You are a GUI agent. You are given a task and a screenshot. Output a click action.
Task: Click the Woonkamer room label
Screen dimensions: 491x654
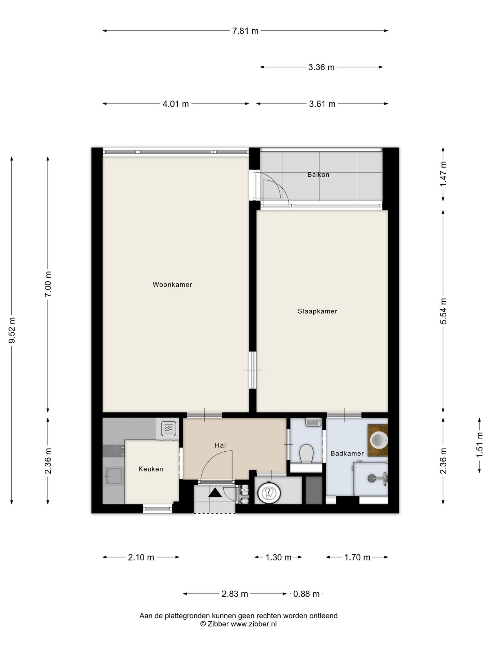(172, 284)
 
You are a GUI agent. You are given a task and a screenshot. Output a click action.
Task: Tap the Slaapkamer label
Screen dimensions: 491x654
(317, 311)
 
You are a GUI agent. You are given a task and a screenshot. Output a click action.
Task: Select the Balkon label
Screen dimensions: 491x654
(318, 174)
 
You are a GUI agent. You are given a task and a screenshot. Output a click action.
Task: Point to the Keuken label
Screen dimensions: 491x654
(151, 469)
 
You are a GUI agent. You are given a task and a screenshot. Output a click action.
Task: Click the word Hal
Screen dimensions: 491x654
(220, 445)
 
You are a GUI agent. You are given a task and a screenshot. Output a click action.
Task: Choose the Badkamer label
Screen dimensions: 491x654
(347, 453)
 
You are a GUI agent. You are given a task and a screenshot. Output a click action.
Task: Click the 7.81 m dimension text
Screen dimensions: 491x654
(245, 31)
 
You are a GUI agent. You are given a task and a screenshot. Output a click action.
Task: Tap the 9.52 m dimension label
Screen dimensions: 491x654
(12, 330)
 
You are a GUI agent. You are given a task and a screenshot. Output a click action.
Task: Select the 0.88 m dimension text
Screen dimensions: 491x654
(306, 594)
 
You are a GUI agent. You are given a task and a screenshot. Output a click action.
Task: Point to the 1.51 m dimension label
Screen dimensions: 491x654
(480, 445)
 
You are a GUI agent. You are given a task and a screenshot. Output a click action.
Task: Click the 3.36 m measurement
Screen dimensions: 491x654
(321, 67)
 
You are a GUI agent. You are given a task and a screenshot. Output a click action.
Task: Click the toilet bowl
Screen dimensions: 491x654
(306, 454)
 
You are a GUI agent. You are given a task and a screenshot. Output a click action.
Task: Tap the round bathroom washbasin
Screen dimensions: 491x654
(379, 440)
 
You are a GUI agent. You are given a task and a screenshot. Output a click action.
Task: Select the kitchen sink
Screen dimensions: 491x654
(114, 476)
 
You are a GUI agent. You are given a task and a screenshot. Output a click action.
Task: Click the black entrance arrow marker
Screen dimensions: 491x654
(215, 493)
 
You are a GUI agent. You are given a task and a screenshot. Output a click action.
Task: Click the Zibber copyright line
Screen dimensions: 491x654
(238, 624)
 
